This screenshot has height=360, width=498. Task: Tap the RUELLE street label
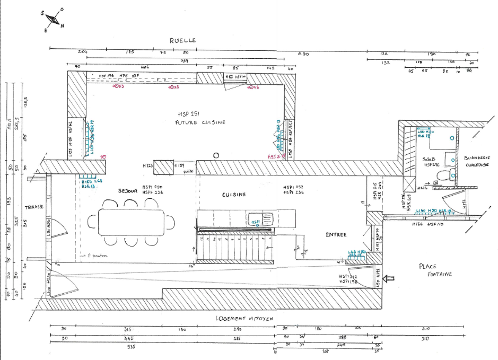click(x=182, y=40)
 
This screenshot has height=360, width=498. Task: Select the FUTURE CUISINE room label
click(x=200, y=122)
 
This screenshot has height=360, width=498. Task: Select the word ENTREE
click(x=336, y=234)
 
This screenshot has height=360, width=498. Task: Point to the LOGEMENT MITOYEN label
click(x=244, y=318)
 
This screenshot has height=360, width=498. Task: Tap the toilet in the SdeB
click(x=451, y=174)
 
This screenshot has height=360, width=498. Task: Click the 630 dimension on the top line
click(x=303, y=54)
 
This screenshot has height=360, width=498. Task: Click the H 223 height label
click(x=148, y=166)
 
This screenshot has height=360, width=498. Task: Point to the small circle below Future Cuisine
click(x=216, y=155)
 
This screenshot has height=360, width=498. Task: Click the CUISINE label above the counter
click(x=233, y=195)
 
